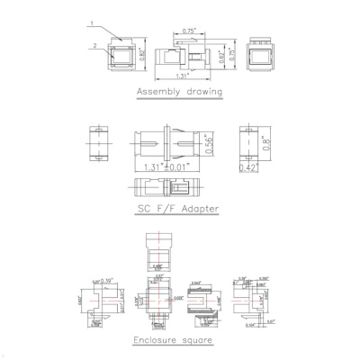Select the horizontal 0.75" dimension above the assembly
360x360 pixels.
click(x=189, y=31)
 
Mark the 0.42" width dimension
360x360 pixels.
click(x=247, y=168)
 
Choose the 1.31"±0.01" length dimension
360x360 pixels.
click(x=172, y=166)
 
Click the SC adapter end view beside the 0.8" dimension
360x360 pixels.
click(x=248, y=144)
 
